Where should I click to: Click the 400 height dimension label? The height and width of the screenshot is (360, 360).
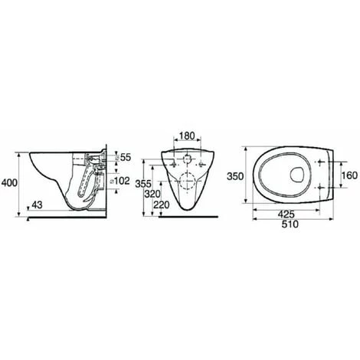(x=9, y=182)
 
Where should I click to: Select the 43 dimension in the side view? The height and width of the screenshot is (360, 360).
(x=37, y=205)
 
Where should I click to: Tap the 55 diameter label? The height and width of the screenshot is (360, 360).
(x=126, y=157)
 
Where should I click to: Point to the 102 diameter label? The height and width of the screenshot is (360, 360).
(x=122, y=181)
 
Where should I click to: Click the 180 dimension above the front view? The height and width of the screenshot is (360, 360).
(x=187, y=136)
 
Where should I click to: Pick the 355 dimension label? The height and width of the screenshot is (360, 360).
(x=143, y=184)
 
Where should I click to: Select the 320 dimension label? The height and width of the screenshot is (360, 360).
(x=152, y=194)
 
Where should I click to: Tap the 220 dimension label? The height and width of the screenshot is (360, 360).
(x=162, y=205)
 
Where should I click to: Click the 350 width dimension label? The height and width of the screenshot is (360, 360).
(x=235, y=176)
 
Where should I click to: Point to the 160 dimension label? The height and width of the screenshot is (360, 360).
(x=350, y=175)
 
